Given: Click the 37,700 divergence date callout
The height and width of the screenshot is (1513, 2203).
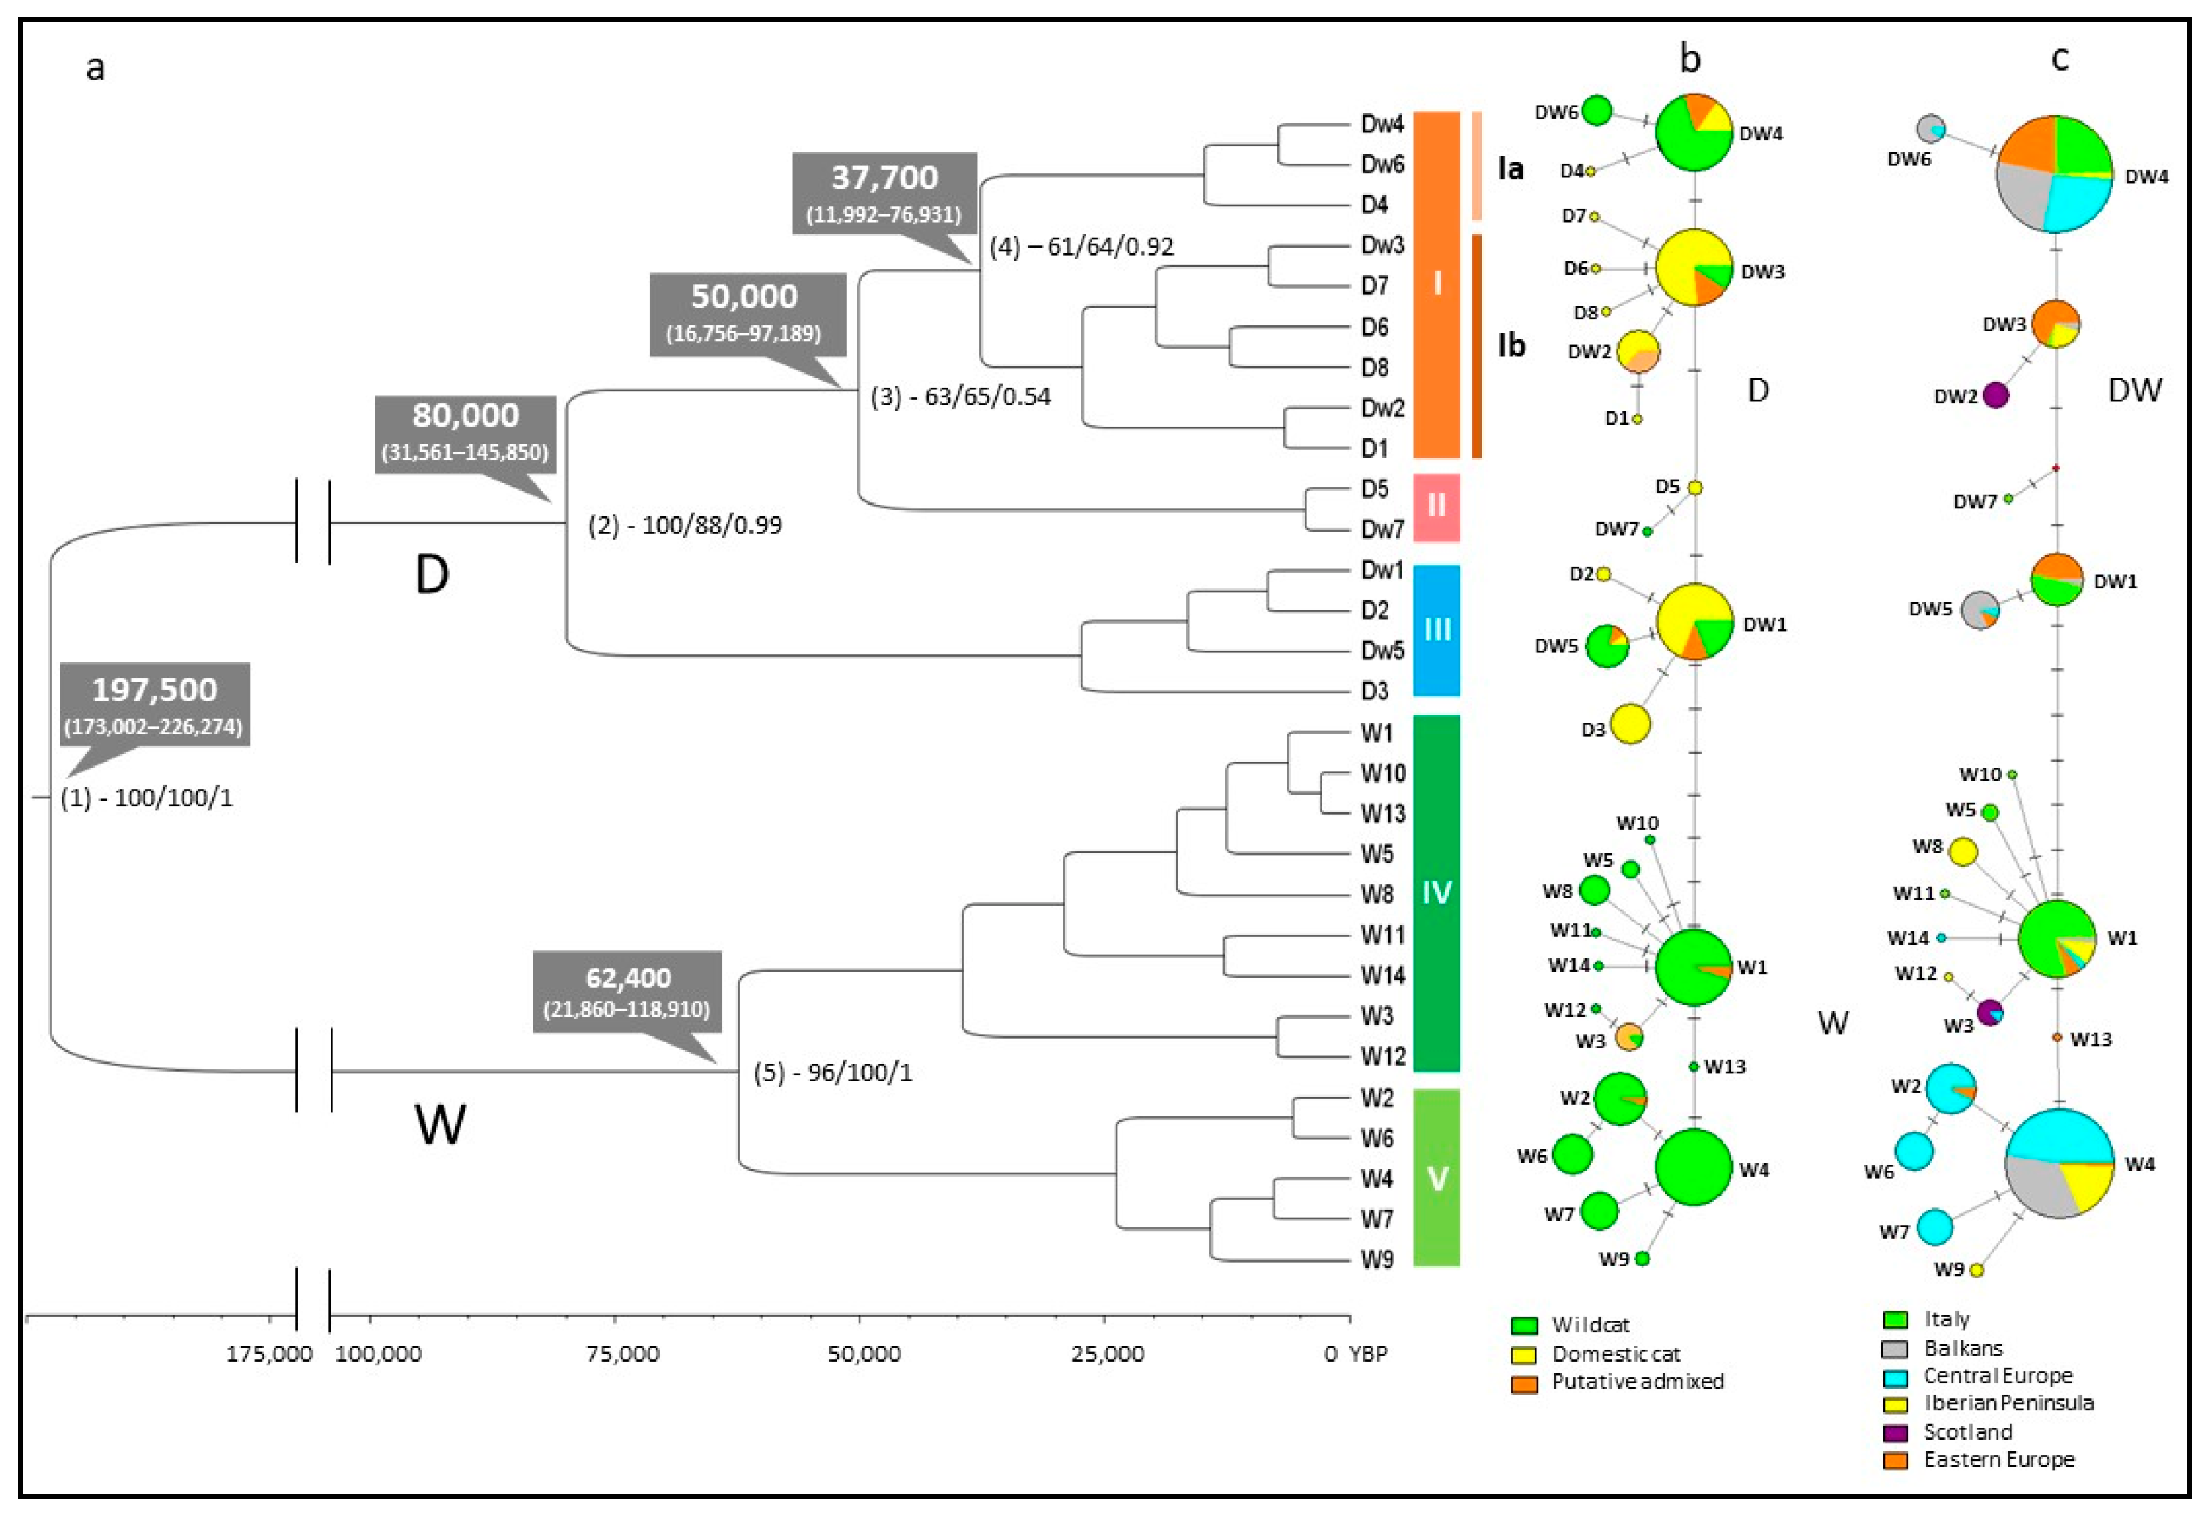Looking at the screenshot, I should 884,192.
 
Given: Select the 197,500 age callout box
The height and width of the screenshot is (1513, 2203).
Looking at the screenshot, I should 154,704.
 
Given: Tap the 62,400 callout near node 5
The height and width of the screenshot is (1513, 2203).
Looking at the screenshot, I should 627,992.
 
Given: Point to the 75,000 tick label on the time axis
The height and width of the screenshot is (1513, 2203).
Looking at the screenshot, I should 622,1354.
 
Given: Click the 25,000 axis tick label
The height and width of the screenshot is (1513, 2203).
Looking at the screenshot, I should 1107,1354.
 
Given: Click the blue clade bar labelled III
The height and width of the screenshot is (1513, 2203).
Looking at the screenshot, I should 1436,629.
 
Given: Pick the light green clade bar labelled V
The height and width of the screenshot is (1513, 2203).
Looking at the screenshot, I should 1436,1177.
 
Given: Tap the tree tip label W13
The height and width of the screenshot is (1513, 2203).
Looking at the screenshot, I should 1382,813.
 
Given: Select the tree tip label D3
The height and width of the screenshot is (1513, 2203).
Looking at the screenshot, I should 1374,691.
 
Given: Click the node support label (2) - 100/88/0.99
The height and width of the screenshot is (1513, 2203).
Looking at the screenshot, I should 685,525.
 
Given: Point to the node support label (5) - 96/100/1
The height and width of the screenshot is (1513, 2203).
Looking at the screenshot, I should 832,1072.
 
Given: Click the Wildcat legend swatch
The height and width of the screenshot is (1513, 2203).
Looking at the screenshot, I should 1524,1325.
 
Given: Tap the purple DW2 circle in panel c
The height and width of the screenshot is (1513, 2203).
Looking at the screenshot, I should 1995,394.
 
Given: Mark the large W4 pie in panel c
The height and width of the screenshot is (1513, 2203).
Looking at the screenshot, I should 2059,1163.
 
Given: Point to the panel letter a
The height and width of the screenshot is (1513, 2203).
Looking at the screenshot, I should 95,68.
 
